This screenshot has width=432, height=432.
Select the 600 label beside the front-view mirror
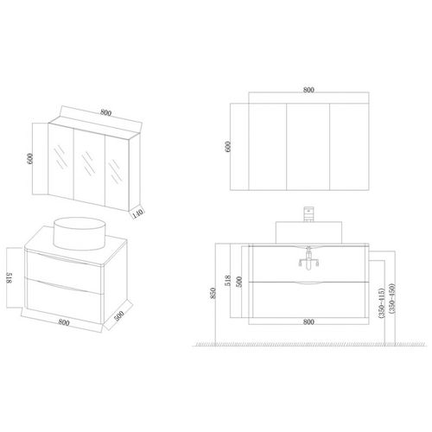point(228,146)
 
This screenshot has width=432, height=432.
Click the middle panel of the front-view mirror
point(308,146)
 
